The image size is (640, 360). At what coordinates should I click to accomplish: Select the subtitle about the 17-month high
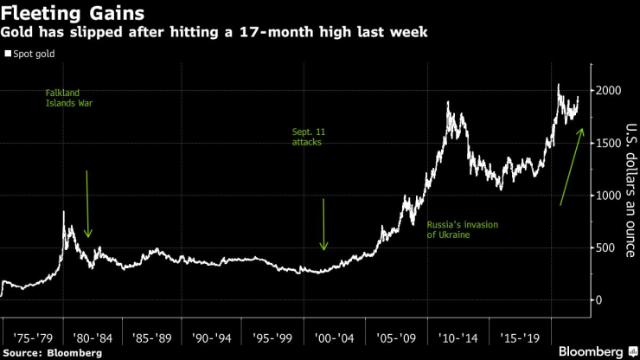pos(214,33)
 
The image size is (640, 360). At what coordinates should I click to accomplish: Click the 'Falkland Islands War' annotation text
pos(70,97)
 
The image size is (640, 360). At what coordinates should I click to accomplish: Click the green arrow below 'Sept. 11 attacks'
pos(323,224)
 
